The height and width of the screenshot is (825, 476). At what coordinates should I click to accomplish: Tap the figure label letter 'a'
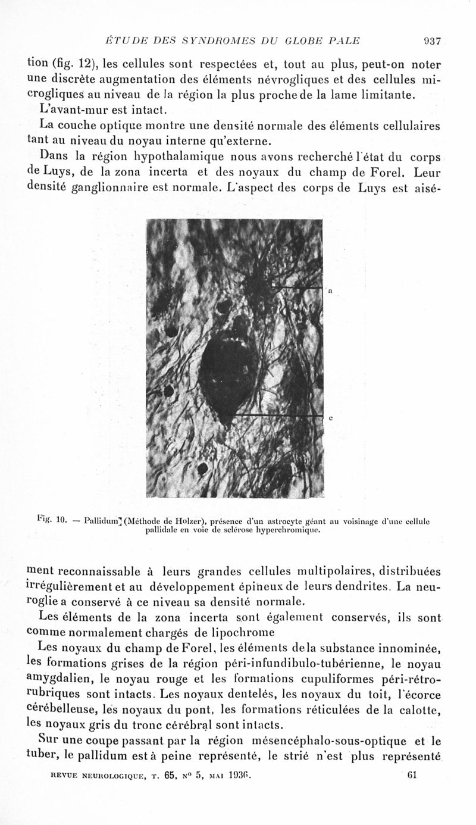coord(330,291)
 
